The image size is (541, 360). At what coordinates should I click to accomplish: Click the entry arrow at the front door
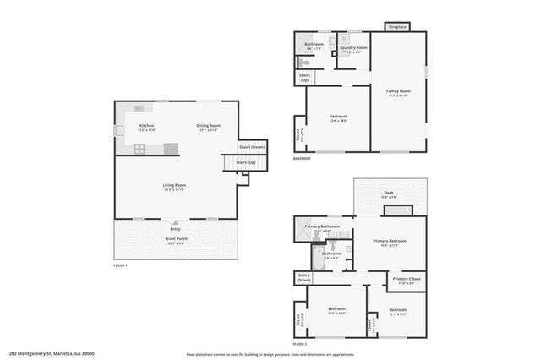tap(175, 222)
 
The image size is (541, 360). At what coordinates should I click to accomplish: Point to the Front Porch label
tap(175, 239)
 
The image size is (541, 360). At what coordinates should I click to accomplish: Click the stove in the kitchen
tap(139, 149)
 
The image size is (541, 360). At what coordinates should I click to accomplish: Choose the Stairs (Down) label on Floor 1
tap(251, 146)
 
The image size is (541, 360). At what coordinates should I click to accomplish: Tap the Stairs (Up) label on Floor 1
tap(245, 161)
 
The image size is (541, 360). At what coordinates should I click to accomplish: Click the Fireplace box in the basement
tap(398, 27)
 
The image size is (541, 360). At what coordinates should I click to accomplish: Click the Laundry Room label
tap(353, 48)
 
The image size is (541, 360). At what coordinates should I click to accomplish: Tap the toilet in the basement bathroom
tap(305, 63)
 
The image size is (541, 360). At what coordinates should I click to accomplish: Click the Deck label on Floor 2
tap(389, 194)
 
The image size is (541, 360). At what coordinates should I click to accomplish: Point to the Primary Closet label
tap(407, 280)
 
